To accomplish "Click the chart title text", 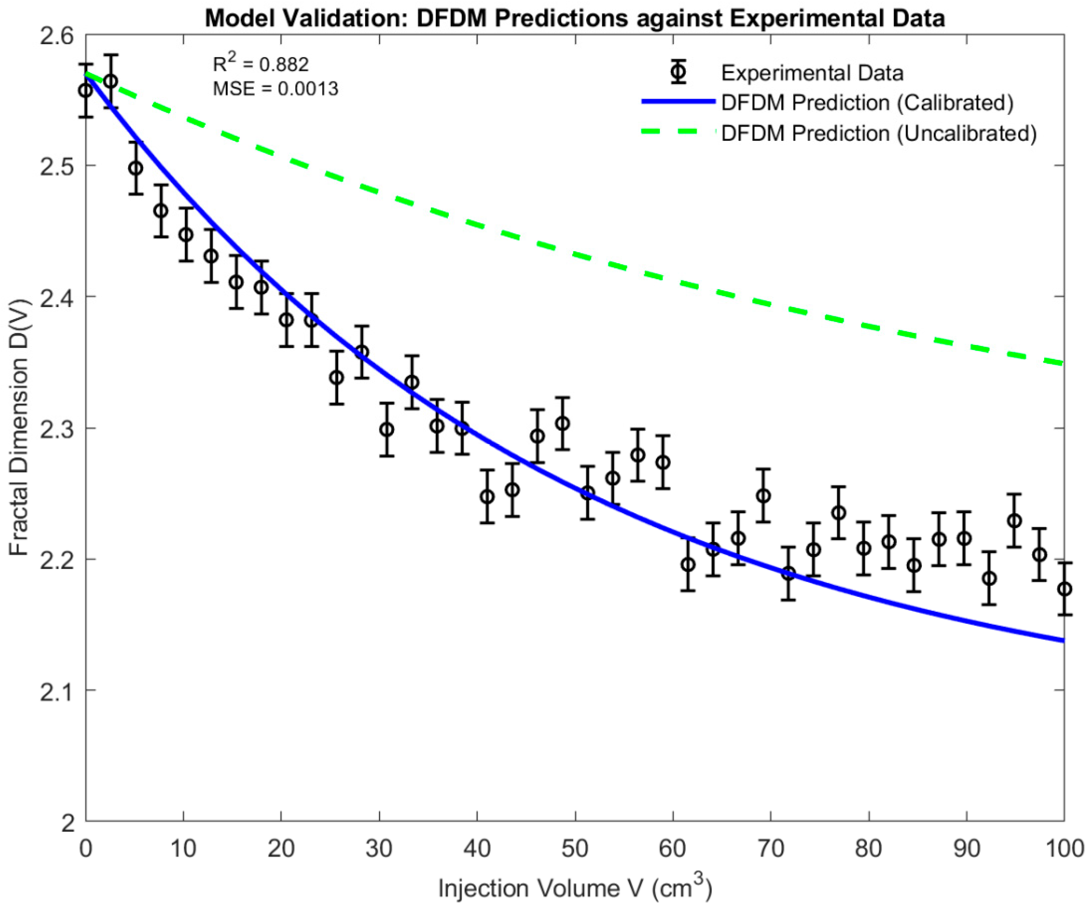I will pyautogui.click(x=574, y=19).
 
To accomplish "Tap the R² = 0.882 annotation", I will pyautogui.click(x=261, y=64).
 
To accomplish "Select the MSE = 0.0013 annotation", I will pyautogui.click(x=275, y=89).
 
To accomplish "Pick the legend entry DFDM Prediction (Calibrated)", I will pyautogui.click(x=867, y=103).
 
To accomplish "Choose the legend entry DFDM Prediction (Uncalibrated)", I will pyautogui.click(x=878, y=133).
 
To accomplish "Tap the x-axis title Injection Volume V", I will pyautogui.click(x=574, y=888).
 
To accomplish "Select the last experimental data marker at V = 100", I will pyautogui.click(x=1064, y=589).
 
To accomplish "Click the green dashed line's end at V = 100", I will pyautogui.click(x=1063, y=363).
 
